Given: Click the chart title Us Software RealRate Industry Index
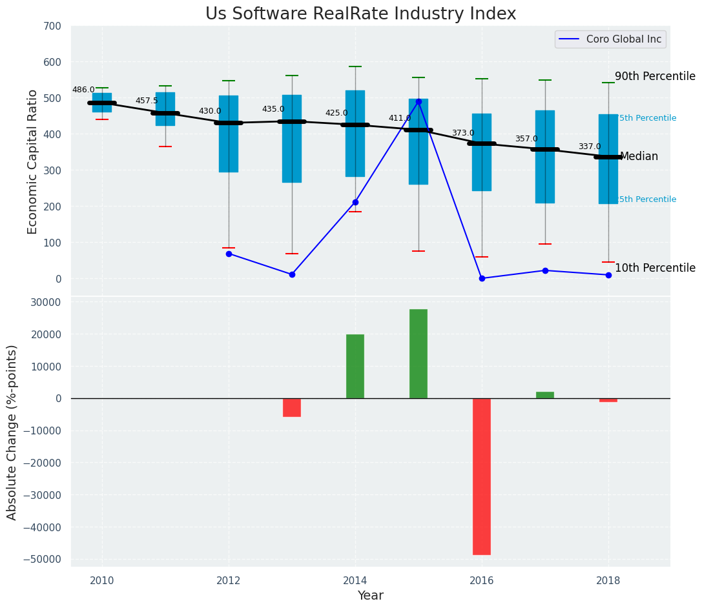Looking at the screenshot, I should point(360,14).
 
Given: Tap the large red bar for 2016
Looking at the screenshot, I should point(482,476).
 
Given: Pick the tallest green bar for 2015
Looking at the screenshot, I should point(418,354).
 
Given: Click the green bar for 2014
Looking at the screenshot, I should point(355,366).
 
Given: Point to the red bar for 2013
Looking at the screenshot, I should point(292,407).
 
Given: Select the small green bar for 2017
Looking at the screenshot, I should point(545,395).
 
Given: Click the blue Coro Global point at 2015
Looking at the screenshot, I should point(418,101).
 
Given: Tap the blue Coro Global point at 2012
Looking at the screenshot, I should point(229,254).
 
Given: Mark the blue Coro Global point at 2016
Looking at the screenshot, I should point(482,278).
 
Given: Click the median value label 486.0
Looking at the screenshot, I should point(83,90).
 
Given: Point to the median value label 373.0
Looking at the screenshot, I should point(463,134).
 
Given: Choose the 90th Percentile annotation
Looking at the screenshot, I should point(655,76).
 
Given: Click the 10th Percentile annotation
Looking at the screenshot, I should point(655,268).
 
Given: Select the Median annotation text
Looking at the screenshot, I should point(639,157).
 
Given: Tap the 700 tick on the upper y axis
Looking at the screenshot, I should point(52,26).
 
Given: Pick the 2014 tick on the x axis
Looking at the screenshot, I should point(355,580).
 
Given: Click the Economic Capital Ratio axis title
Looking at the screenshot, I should point(33,161).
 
